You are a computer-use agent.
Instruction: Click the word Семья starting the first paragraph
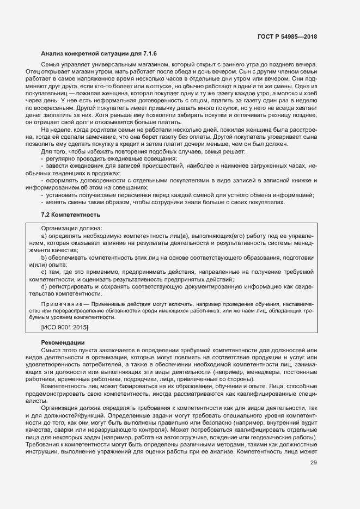(51, 65)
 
